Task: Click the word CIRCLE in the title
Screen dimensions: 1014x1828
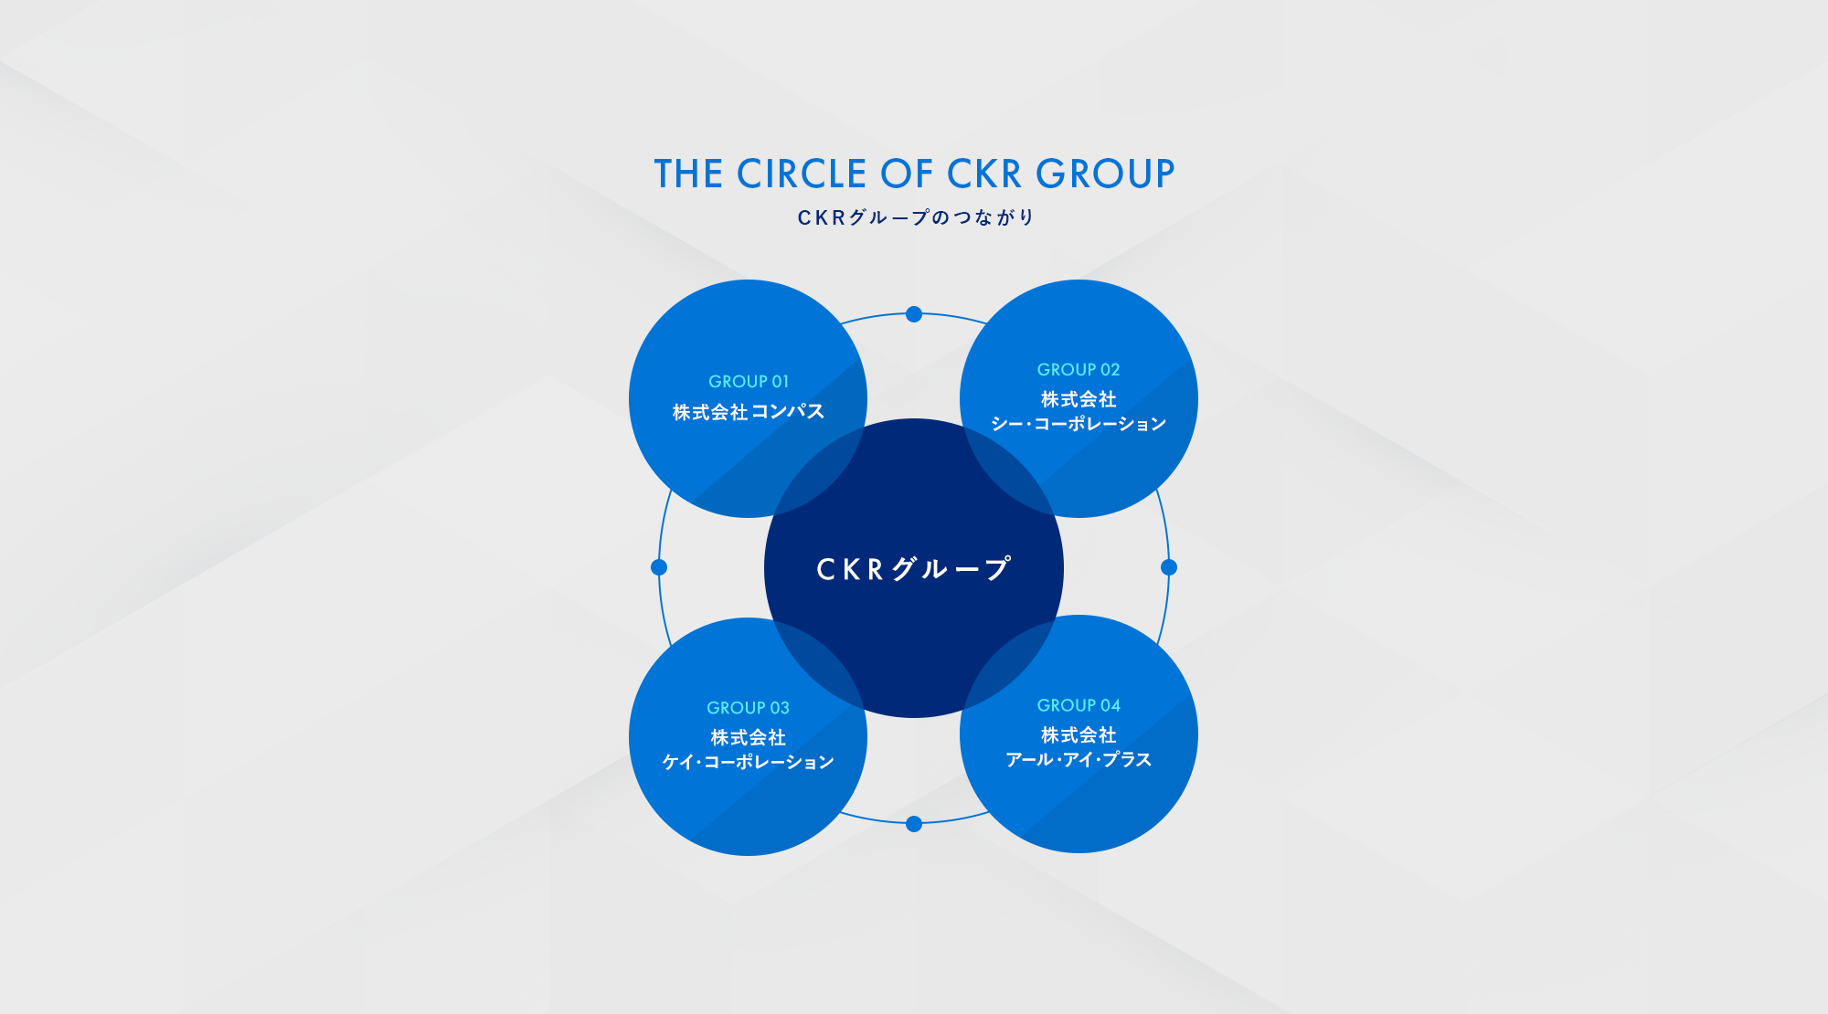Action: [802, 174]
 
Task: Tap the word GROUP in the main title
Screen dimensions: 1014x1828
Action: [1105, 174]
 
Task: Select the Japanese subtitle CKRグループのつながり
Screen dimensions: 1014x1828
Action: [915, 217]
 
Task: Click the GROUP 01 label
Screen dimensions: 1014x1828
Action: [748, 382]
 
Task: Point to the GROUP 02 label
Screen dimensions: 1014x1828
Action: [1079, 370]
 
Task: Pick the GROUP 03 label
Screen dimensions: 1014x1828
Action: [748, 708]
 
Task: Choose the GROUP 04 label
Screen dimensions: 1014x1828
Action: [1079, 705]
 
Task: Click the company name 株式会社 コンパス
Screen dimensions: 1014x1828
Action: [748, 412]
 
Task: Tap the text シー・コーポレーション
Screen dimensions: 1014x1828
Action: [1079, 424]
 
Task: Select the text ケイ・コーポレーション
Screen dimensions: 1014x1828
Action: [748, 762]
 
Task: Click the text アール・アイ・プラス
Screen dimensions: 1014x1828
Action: [1079, 759]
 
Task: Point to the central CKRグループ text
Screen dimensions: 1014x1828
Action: [913, 569]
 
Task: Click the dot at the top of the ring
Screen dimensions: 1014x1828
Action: [914, 314]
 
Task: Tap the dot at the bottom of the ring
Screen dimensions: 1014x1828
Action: [914, 824]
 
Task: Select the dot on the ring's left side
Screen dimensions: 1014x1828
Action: [659, 567]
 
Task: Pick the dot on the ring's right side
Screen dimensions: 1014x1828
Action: [1169, 567]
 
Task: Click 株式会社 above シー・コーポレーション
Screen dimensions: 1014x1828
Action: [1079, 399]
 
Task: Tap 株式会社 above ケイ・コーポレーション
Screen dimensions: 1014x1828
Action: [748, 737]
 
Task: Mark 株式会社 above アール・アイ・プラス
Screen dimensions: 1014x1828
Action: [1079, 734]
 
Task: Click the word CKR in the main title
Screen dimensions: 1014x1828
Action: [984, 174]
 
